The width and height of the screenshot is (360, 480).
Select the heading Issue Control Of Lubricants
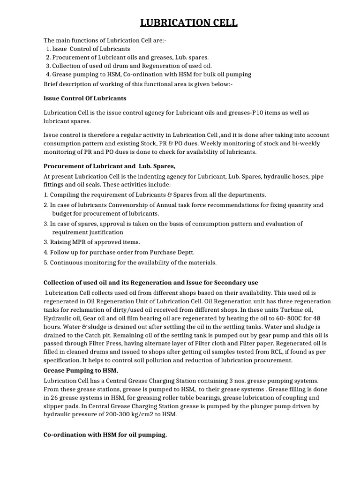pyautogui.click(x=84, y=98)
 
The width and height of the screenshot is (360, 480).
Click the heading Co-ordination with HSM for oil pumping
pyautogui.click(x=105, y=435)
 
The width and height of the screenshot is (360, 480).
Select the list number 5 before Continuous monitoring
pyautogui.click(x=45, y=262)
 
